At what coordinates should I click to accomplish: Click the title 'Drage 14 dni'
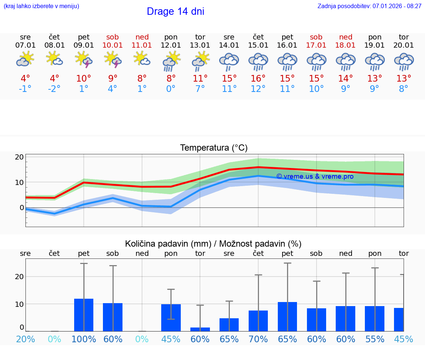[175, 11]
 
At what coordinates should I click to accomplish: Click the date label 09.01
[84, 45]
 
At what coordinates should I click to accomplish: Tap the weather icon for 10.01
[113, 60]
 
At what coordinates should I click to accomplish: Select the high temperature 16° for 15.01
[258, 78]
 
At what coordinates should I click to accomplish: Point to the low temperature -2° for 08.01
[54, 89]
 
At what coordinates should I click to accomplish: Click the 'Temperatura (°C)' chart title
[214, 148]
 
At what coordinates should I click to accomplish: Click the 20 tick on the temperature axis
[19, 157]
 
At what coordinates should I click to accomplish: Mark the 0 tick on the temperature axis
[21, 208]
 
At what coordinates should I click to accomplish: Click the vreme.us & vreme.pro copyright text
[315, 176]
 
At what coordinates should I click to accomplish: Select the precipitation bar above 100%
[84, 315]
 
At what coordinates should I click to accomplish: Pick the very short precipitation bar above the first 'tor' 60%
[200, 329]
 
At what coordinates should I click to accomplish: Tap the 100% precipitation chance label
[84, 339]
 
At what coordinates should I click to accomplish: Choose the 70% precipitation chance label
[258, 339]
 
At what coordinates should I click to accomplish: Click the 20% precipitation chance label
[25, 339]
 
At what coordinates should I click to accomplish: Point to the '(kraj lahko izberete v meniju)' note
[41, 6]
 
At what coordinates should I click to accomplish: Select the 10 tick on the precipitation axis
[19, 304]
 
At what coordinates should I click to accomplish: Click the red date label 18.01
[345, 45]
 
